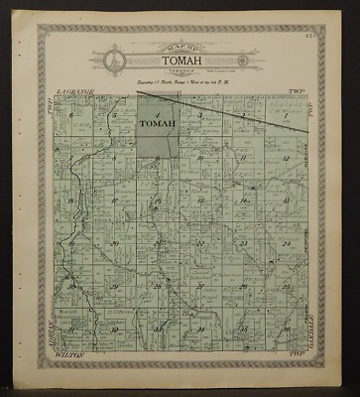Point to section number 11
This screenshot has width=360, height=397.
point(243,158)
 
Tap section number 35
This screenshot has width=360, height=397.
point(243,328)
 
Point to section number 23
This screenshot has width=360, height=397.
point(243,243)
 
